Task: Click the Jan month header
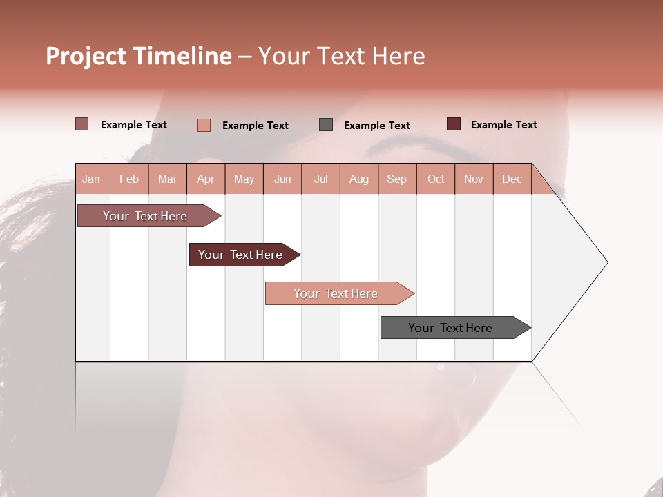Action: pyautogui.click(x=92, y=179)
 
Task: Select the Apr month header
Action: pyautogui.click(x=206, y=179)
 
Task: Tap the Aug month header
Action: pyautogui.click(x=358, y=179)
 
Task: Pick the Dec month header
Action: pyautogui.click(x=512, y=179)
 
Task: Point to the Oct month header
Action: pyautogui.click(x=435, y=179)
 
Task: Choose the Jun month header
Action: pyautogui.click(x=282, y=179)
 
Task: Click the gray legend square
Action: pyautogui.click(x=326, y=125)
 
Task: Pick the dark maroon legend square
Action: pyautogui.click(x=454, y=124)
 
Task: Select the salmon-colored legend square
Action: pyautogui.click(x=204, y=125)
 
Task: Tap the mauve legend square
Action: pyautogui.click(x=82, y=124)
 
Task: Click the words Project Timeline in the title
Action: pyautogui.click(x=139, y=56)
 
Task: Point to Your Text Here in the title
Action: pyautogui.click(x=341, y=56)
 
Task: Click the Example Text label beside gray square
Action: pyautogui.click(x=376, y=126)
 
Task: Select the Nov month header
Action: pyautogui.click(x=474, y=179)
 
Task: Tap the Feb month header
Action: pyautogui.click(x=129, y=179)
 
